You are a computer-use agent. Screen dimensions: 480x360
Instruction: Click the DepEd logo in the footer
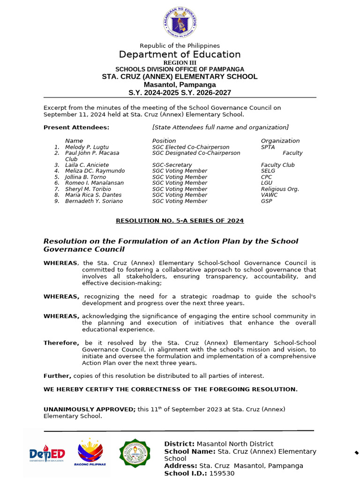point(47,454)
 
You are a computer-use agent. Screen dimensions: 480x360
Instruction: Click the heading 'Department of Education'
point(180,54)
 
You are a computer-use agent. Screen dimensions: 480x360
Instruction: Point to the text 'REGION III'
point(180,63)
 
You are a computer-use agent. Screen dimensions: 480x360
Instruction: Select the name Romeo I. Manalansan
point(94,183)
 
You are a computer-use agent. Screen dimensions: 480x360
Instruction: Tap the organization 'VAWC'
point(269,195)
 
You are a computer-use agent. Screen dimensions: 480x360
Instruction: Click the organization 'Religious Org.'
point(280,189)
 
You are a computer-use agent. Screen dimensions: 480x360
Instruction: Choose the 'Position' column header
point(164,141)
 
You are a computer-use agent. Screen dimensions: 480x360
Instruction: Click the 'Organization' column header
point(280,141)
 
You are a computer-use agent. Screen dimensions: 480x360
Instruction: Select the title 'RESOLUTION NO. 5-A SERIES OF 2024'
point(180,221)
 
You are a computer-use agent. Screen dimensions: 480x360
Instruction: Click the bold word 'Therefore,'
point(61,343)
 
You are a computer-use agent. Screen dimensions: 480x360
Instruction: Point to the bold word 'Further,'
point(57,376)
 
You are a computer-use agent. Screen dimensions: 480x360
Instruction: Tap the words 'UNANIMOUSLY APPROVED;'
point(89,409)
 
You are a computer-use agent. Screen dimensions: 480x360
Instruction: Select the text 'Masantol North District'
point(234,444)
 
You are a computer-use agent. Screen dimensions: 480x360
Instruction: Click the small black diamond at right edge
point(356,452)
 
